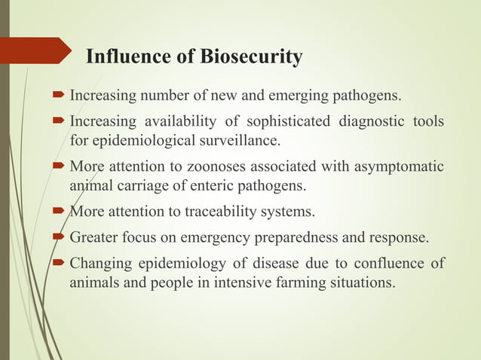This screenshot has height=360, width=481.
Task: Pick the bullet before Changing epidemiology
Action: (60, 263)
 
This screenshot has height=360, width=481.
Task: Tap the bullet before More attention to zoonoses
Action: (60, 166)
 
